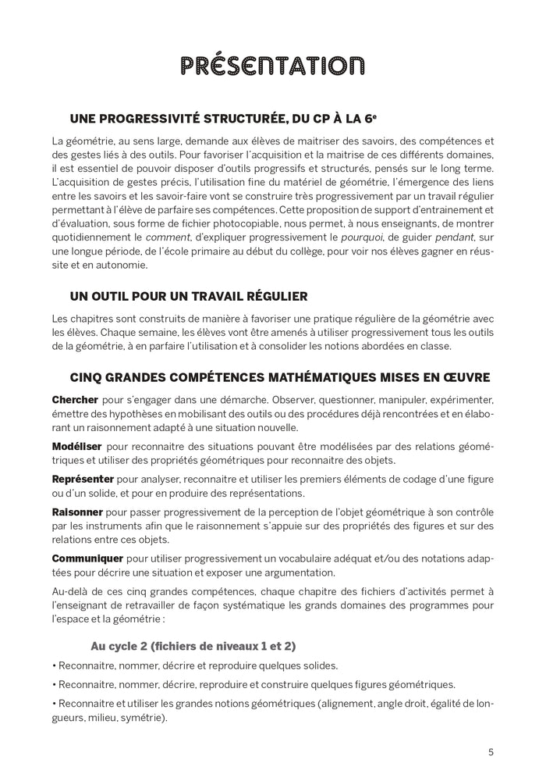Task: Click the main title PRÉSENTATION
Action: pos(272,66)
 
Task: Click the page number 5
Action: pos(491,752)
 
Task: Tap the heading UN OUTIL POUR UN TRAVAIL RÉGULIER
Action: pos(178,296)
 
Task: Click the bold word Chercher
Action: pos(76,400)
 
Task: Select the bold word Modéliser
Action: pos(76,445)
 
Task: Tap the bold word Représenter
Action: pos(83,478)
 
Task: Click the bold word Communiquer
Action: pos(87,558)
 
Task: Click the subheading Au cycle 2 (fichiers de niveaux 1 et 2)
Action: pos(193,646)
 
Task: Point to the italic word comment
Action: pos(167,236)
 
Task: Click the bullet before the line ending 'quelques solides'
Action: pos(54,666)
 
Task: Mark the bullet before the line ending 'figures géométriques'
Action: pos(54,685)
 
